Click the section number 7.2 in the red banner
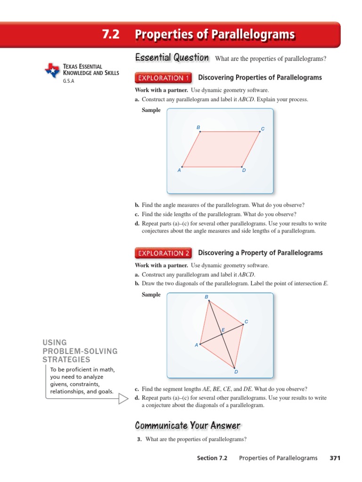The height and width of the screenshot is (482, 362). click(x=111, y=35)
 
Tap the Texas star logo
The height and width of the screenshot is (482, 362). click(x=52, y=71)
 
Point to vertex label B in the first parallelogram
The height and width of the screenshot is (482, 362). click(x=198, y=128)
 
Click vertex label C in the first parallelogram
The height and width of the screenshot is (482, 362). click(x=263, y=129)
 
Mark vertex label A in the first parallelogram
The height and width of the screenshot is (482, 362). click(x=179, y=170)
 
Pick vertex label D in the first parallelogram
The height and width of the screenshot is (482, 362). click(x=244, y=170)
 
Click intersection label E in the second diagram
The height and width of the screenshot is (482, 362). click(x=223, y=330)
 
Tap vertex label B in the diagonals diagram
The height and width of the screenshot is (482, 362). click(x=206, y=297)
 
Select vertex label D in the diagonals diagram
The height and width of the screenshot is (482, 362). click(x=236, y=372)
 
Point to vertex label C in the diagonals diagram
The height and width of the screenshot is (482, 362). click(x=246, y=322)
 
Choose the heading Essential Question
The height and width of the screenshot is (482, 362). click(x=172, y=58)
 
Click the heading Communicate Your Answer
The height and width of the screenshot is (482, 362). click(x=188, y=426)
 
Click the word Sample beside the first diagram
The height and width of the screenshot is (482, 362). click(x=151, y=110)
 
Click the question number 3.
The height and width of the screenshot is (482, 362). click(x=139, y=440)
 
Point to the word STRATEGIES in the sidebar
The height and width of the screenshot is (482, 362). click(x=66, y=360)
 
